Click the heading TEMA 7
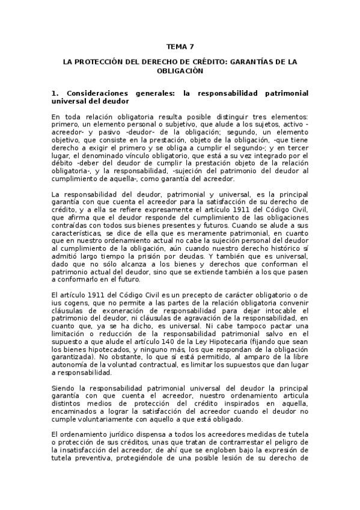180,46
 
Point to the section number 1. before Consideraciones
55,94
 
